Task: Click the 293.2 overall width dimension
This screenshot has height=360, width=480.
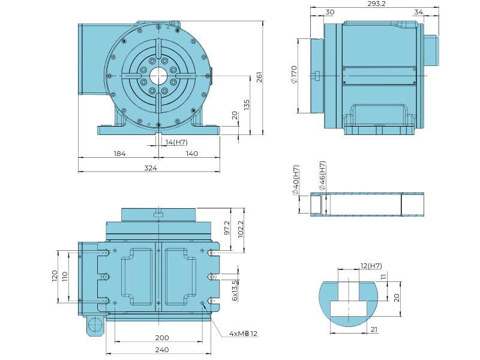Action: click(x=376, y=4)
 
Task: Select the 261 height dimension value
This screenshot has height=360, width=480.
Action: click(x=259, y=77)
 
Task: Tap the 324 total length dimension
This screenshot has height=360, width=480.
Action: click(x=151, y=168)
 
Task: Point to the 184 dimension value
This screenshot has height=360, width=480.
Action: click(x=119, y=154)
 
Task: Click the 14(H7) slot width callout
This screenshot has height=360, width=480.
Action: click(x=176, y=142)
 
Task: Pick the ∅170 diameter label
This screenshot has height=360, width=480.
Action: click(x=294, y=74)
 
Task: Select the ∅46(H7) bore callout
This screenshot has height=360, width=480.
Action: click(x=322, y=176)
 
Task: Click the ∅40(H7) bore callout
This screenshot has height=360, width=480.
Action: click(x=296, y=180)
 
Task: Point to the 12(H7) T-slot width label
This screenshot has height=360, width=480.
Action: click(x=371, y=266)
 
